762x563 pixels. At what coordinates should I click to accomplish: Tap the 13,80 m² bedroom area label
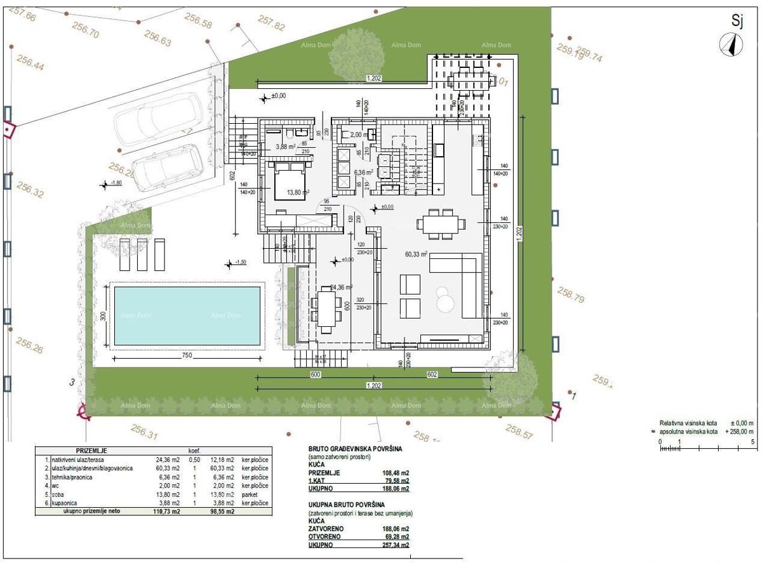tap(297, 192)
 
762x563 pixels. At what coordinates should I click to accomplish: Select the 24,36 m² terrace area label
tap(342, 287)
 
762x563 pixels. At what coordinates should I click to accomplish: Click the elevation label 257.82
tap(272, 25)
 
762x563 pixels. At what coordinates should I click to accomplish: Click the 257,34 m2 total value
tap(394, 545)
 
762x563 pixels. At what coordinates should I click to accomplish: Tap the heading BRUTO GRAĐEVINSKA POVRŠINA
tap(355, 448)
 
